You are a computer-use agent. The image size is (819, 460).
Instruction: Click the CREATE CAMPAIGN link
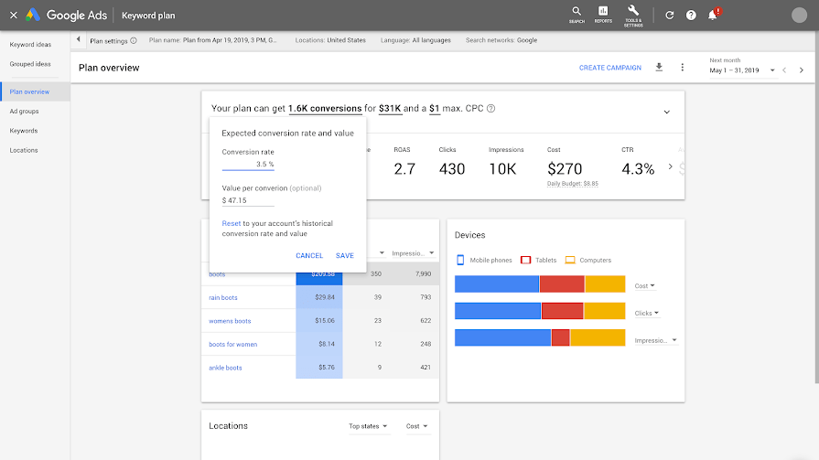pos(609,68)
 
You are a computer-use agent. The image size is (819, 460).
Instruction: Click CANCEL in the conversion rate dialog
pos(309,256)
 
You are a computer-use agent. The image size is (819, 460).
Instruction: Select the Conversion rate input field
pos(248,165)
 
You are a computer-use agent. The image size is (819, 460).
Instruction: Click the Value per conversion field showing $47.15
pos(247,200)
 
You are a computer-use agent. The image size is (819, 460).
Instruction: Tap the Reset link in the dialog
pos(231,223)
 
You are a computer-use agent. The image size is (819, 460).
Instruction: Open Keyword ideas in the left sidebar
pos(30,44)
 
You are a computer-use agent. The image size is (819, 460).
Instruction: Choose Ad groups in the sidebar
pos(24,111)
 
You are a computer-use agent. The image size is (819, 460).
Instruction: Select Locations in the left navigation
pos(24,150)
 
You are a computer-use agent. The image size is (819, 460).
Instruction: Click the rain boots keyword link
pos(223,297)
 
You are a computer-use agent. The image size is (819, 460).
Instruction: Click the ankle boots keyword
pos(225,368)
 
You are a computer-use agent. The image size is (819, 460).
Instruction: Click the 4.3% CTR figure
pos(638,168)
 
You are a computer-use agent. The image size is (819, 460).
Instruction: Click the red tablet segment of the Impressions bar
pos(560,337)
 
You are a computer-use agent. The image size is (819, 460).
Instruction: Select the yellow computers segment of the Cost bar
pos(604,284)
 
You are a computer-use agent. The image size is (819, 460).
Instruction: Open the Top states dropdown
pos(368,426)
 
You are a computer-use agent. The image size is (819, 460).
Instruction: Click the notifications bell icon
pos(712,15)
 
